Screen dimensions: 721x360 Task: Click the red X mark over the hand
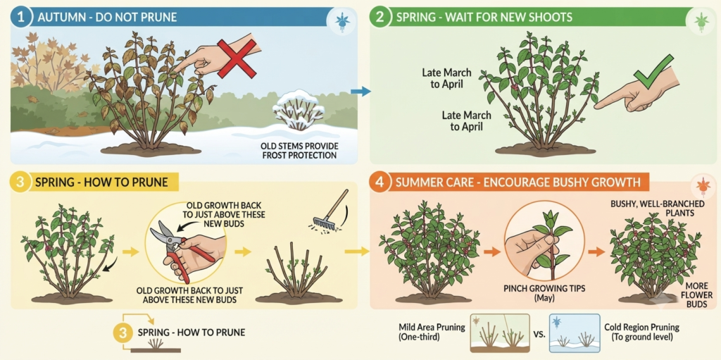[x=237, y=58]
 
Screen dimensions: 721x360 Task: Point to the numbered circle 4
[x=380, y=182]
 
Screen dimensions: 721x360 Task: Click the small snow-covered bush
[x=299, y=110]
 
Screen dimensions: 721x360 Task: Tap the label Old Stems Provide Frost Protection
[x=299, y=151]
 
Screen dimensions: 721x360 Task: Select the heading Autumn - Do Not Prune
[x=107, y=18]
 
